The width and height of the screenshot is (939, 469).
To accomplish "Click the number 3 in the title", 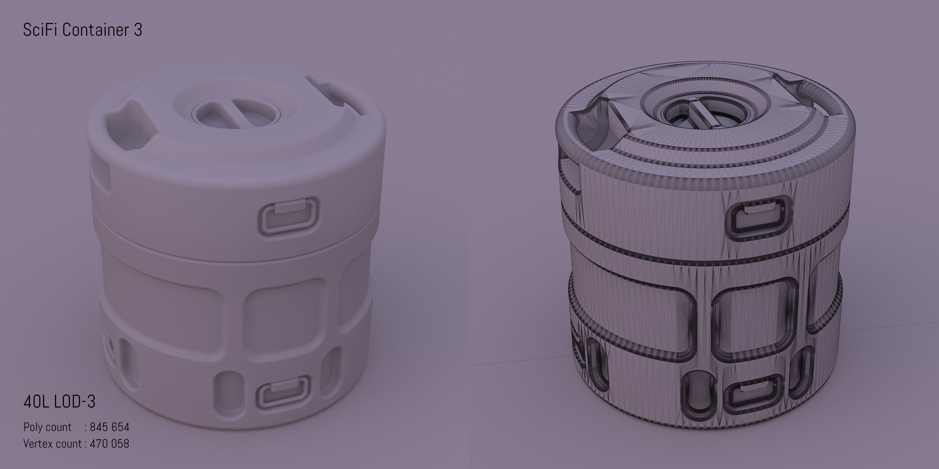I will pos(138,30).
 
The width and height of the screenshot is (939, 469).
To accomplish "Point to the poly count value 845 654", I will pos(109,427).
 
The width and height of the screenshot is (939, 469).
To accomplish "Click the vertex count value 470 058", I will pos(109,444).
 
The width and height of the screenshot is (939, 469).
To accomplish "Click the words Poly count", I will pos(47,427).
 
